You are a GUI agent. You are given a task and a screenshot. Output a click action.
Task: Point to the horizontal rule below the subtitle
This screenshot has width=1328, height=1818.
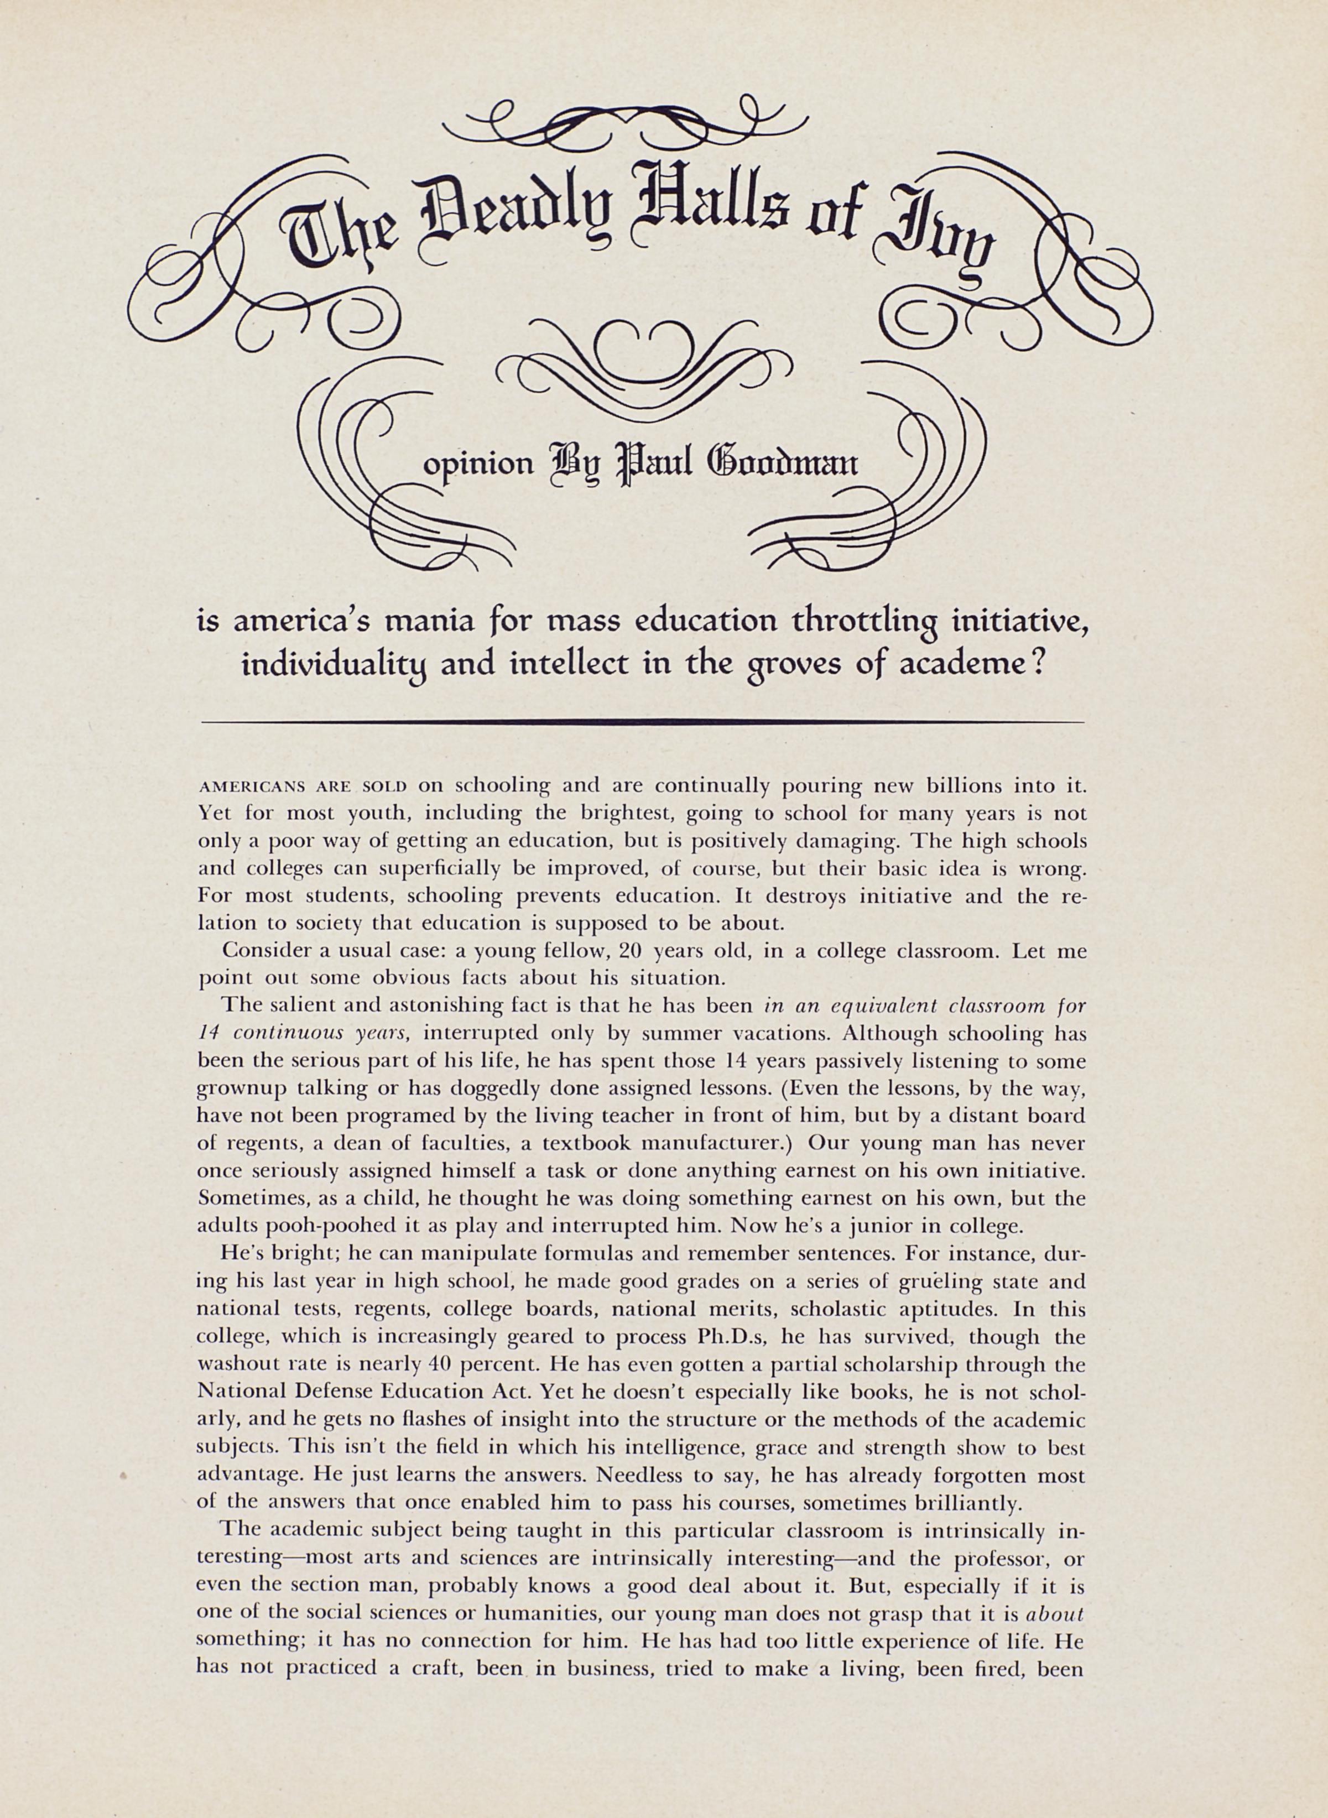coord(643,722)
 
